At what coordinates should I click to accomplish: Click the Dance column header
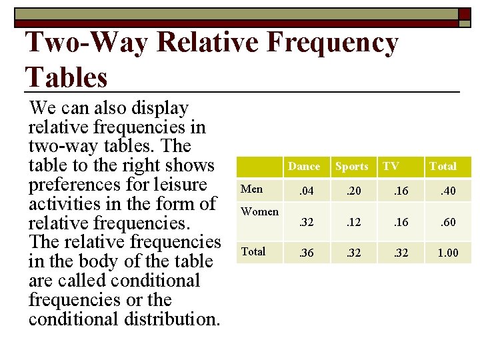click(x=303, y=167)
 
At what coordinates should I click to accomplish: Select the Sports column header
click(x=351, y=167)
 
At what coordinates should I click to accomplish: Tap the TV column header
click(x=391, y=167)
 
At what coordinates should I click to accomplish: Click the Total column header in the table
click(x=443, y=167)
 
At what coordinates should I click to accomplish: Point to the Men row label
click(x=252, y=189)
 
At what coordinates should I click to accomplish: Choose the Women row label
click(x=259, y=212)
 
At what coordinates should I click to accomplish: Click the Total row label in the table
click(x=253, y=252)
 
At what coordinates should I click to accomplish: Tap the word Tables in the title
click(x=66, y=77)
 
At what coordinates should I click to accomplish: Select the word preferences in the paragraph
click(x=76, y=185)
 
